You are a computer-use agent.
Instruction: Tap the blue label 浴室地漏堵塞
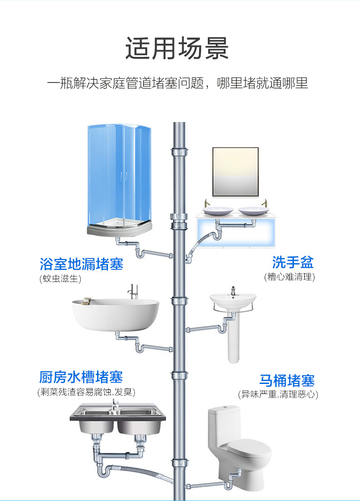coord(82,264)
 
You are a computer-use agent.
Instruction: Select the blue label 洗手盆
coord(293,262)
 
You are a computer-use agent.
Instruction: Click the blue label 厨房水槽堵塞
coord(81,377)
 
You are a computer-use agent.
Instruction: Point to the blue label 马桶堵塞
coord(287,380)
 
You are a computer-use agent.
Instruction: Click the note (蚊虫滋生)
coord(60,279)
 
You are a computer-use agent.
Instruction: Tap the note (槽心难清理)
coord(289,276)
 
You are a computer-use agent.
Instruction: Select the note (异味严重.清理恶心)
coord(278,394)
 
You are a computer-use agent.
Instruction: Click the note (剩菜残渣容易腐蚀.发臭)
coord(86,392)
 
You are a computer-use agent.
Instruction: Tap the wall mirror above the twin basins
coord(236,172)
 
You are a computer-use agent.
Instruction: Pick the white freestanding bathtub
coord(115,315)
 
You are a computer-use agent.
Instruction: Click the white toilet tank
coord(223,426)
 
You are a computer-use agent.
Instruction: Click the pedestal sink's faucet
coord(233,291)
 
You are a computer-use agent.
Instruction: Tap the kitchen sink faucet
coord(114,404)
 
